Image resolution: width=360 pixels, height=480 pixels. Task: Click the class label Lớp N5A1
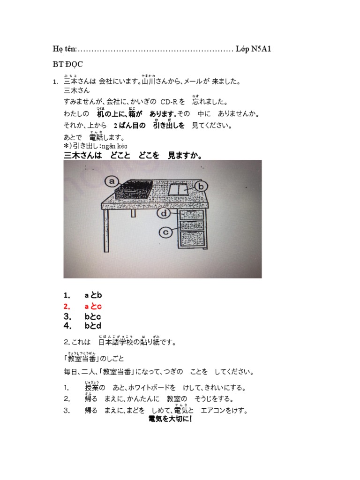[x=254, y=50]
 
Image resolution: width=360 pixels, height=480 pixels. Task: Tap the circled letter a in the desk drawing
[x=111, y=180]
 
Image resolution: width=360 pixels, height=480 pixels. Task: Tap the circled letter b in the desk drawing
[x=201, y=187]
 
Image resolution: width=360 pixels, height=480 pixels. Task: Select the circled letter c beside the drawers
[x=165, y=231]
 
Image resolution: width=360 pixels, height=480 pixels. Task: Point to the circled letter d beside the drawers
[x=164, y=214]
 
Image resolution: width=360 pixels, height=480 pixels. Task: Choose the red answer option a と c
[x=93, y=306]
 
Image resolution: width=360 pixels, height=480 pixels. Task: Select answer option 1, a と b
[x=93, y=295]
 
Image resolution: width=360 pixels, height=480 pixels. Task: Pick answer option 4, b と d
[x=93, y=326]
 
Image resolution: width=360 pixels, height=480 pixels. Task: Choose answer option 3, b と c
[x=93, y=316]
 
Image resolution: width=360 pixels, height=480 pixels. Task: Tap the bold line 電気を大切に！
[x=170, y=419]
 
